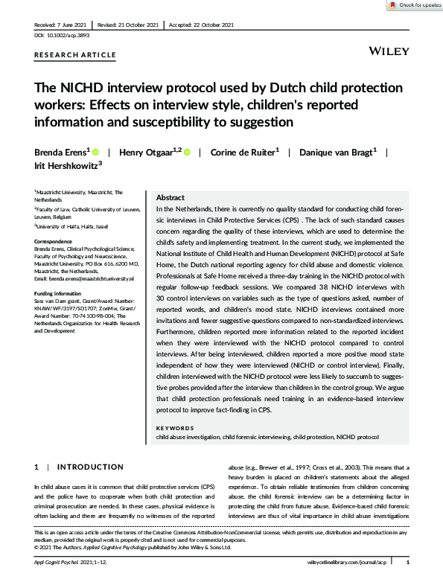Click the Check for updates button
414,5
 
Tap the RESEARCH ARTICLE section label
75,55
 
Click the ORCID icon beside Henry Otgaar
187,153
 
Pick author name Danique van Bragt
337,153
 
